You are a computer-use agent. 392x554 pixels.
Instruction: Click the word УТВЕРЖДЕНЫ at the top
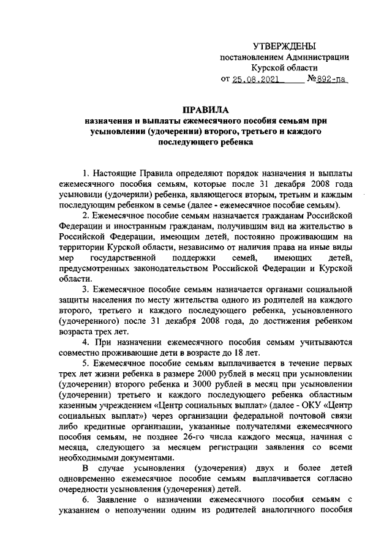click(x=285, y=47)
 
